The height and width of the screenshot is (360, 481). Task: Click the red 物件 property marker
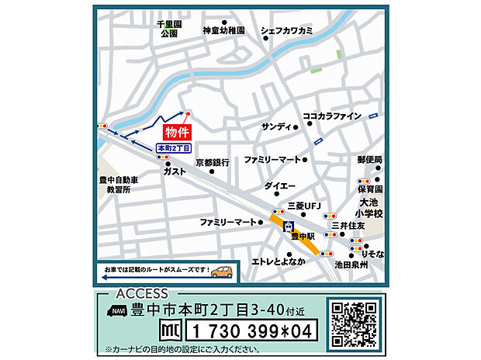[178, 133]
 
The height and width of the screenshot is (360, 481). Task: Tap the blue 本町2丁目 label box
[173, 148]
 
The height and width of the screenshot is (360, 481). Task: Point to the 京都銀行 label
[212, 163]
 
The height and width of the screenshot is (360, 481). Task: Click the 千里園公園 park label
[168, 29]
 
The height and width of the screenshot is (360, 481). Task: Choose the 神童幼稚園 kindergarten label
[223, 31]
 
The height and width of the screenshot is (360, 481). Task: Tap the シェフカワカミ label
[287, 31]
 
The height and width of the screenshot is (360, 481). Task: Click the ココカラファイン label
[332, 116]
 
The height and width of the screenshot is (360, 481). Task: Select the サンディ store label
[275, 126]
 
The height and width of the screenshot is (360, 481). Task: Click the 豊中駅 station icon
[289, 227]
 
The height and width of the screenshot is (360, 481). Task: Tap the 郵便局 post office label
[370, 159]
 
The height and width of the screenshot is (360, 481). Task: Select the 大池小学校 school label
[369, 206]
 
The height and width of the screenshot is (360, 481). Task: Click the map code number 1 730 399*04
[251, 331]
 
